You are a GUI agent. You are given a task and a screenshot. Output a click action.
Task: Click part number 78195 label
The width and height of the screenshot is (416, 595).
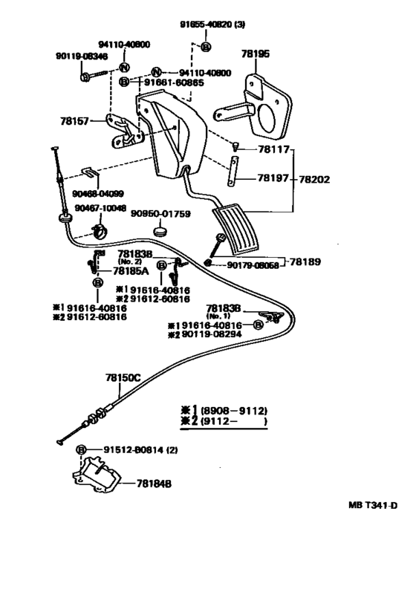tap(256, 53)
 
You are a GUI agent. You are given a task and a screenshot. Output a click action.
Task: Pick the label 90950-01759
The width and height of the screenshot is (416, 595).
tap(161, 214)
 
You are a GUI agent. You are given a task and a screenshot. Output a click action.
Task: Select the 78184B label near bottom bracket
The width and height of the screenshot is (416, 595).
tap(154, 484)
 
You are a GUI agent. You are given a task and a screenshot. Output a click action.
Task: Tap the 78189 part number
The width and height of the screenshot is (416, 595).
tap(305, 262)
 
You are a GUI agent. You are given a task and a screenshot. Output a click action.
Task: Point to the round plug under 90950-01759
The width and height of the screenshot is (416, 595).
tap(161, 231)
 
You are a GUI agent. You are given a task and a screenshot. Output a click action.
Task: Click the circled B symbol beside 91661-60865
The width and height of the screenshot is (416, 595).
tap(125, 82)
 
